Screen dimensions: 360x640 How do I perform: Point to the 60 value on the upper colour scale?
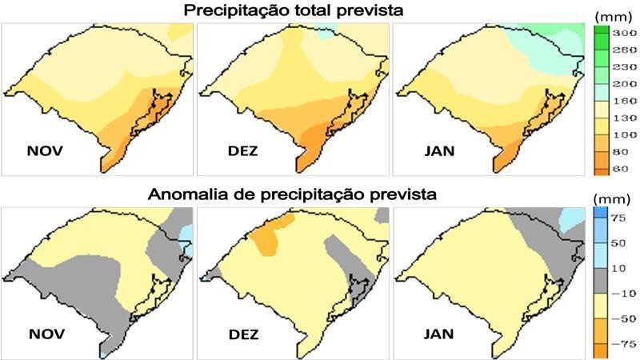[623, 170]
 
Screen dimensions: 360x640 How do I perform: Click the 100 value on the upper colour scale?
[623, 135]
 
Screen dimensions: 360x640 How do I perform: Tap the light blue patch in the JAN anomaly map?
[573, 217]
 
